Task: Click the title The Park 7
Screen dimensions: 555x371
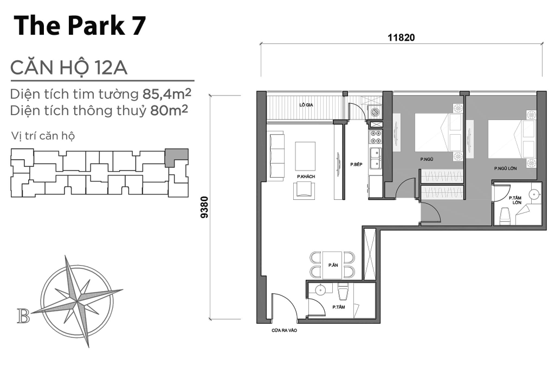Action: click(x=80, y=26)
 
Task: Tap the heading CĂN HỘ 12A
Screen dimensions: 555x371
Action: click(x=69, y=68)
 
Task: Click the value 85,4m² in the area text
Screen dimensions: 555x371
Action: click(x=167, y=94)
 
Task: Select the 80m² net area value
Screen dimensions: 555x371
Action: click(x=169, y=110)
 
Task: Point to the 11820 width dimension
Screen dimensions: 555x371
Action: click(x=401, y=37)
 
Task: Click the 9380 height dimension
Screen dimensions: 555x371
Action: click(x=204, y=207)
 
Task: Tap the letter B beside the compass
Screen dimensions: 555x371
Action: click(x=23, y=316)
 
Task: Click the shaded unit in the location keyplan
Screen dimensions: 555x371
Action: click(x=176, y=157)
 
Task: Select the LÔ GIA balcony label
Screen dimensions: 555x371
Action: click(x=306, y=105)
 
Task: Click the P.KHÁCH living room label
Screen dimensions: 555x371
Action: click(x=306, y=177)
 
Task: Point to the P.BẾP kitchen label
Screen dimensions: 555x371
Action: click(x=356, y=164)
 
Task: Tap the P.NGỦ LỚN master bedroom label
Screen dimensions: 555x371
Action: click(x=506, y=168)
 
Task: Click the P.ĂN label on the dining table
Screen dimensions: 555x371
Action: click(x=333, y=265)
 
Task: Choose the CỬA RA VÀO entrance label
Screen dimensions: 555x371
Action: click(x=284, y=330)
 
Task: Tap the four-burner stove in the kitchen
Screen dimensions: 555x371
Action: click(x=375, y=137)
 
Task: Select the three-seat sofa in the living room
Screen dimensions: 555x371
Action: click(x=276, y=156)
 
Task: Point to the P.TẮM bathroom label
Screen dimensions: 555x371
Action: click(x=338, y=307)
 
